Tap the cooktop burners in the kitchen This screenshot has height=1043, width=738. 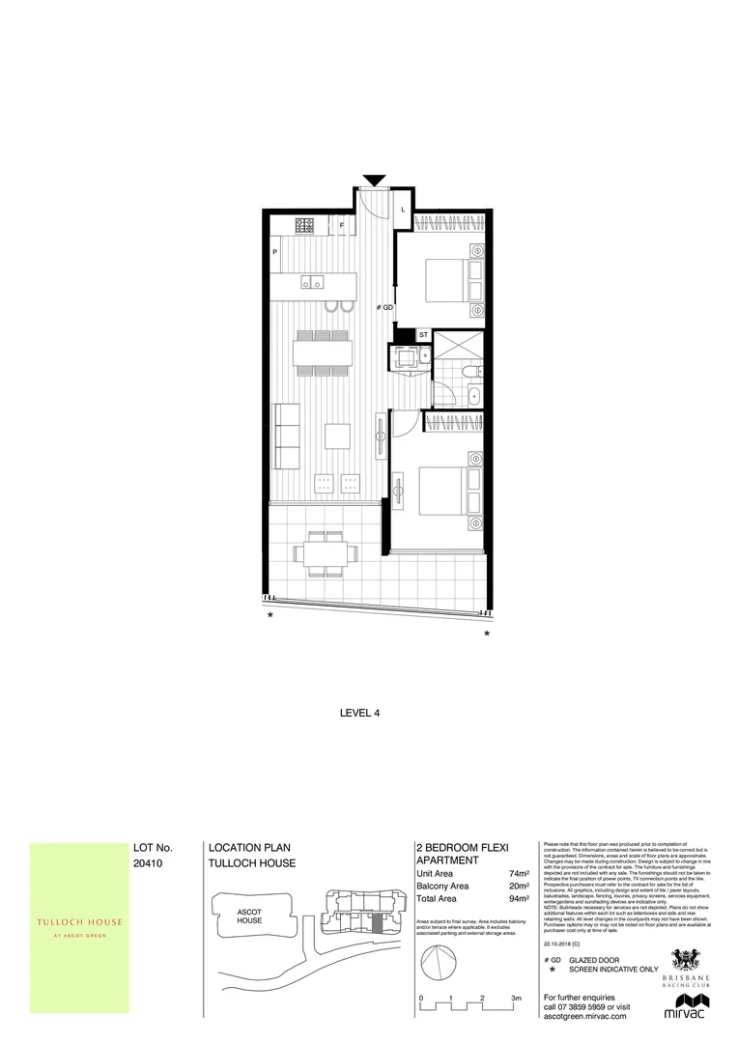(304, 226)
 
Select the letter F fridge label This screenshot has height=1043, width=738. (342, 226)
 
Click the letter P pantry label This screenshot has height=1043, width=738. (276, 252)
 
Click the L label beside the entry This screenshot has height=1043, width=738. (403, 208)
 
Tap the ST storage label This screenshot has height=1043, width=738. (423, 335)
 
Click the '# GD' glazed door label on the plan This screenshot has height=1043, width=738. (385, 307)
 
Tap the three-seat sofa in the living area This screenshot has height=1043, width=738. (286, 437)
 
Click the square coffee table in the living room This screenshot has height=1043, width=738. (337, 437)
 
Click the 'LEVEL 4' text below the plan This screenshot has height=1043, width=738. (362, 715)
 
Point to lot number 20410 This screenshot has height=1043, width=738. (149, 866)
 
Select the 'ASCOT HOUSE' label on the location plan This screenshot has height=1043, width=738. (250, 916)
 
